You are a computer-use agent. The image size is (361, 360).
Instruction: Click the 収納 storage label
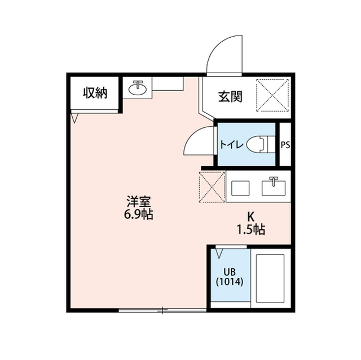pos(95,93)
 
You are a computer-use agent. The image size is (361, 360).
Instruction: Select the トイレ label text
pos(232,145)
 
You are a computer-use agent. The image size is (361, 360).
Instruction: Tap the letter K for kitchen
pos(251,216)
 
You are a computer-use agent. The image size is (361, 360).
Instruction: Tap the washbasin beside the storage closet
pos(137,88)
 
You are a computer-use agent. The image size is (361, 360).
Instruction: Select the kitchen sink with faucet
pos(275,186)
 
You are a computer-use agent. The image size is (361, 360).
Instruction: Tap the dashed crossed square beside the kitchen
pos(212,186)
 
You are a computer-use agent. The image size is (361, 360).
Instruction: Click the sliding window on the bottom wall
pos(162,310)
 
